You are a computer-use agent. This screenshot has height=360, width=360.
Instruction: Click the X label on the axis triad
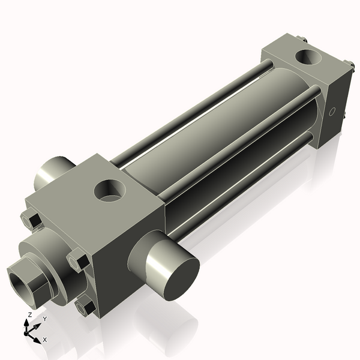45,340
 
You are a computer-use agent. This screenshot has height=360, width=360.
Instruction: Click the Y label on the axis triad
44,319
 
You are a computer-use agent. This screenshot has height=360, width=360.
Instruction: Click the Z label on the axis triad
30,314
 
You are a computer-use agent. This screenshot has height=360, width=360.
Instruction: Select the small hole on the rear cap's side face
333,112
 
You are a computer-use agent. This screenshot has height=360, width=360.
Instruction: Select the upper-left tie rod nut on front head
30,220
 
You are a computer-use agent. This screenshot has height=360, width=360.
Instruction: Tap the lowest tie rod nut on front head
86,307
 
